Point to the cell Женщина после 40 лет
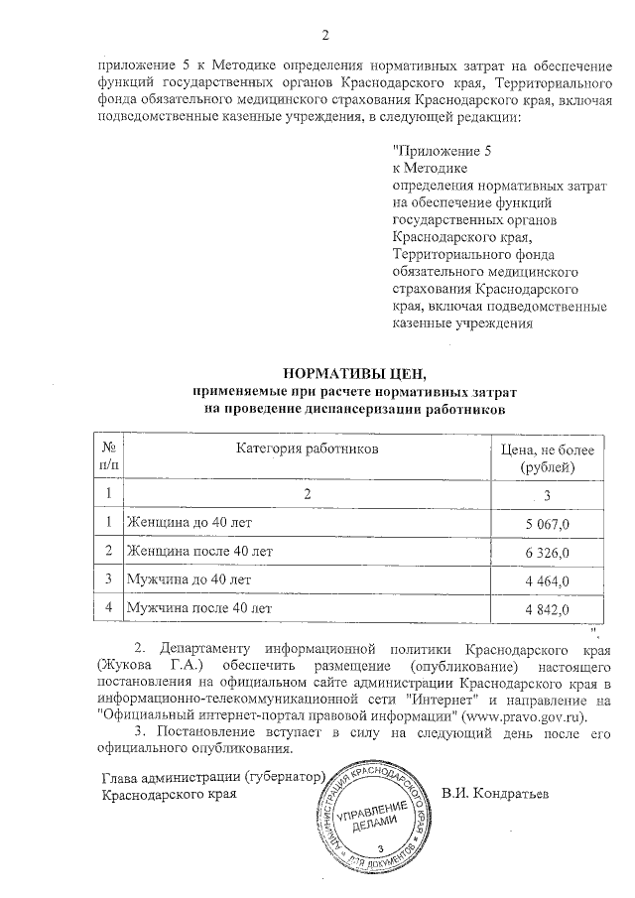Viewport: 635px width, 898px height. [195, 550]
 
